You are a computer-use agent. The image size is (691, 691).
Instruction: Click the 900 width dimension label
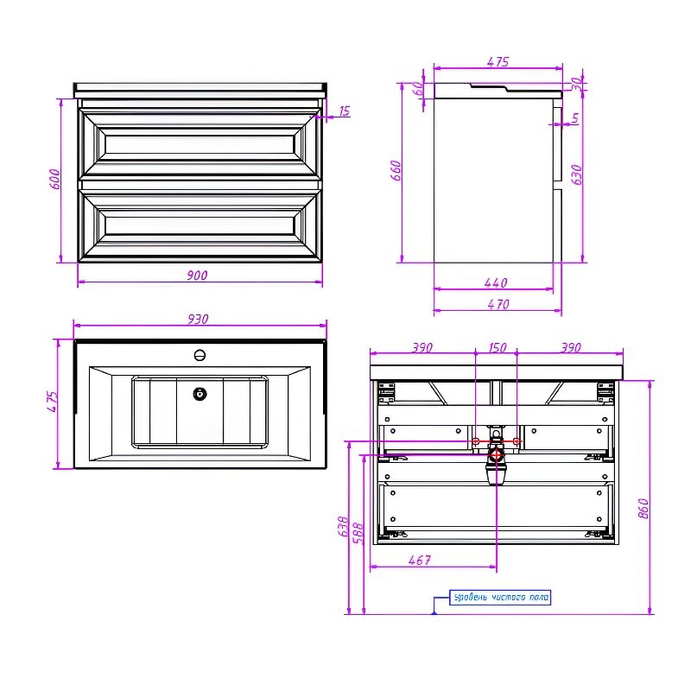pos(197,276)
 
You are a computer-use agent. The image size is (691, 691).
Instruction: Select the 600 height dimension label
pos(54,179)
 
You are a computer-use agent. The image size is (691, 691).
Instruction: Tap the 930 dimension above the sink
pos(198,319)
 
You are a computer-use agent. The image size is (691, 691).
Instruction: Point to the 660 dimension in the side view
pos(396,170)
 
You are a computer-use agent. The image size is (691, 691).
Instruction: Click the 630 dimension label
pos(576,174)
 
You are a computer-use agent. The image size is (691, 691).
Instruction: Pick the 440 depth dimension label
pos(496,283)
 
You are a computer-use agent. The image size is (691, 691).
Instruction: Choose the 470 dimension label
pos(498,305)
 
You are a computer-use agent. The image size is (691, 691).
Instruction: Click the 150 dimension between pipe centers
pos(498,348)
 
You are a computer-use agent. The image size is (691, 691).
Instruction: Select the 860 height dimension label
pos(643,508)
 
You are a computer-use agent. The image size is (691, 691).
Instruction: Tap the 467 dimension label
pos(420,560)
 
